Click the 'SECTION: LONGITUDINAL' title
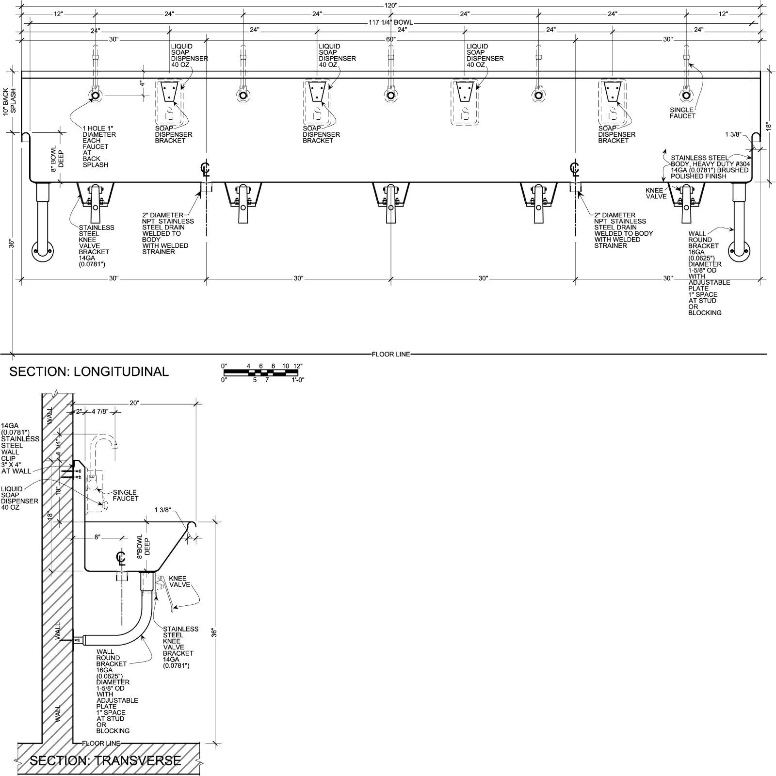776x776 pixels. click(89, 372)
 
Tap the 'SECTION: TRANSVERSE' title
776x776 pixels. click(105, 760)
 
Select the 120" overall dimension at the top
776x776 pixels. click(391, 5)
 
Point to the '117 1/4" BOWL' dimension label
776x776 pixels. click(390, 22)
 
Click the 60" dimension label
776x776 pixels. click(391, 39)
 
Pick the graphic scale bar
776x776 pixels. click(261, 373)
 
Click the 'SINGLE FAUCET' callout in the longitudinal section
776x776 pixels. click(682, 113)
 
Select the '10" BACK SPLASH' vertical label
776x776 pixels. click(10, 101)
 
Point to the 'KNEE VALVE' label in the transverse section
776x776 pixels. click(179, 582)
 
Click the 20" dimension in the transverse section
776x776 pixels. click(134, 403)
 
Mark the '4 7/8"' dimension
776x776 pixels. click(100, 412)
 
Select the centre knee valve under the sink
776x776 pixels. click(391, 203)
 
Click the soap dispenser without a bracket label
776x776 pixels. click(465, 102)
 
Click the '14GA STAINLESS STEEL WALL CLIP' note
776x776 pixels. click(19, 449)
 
